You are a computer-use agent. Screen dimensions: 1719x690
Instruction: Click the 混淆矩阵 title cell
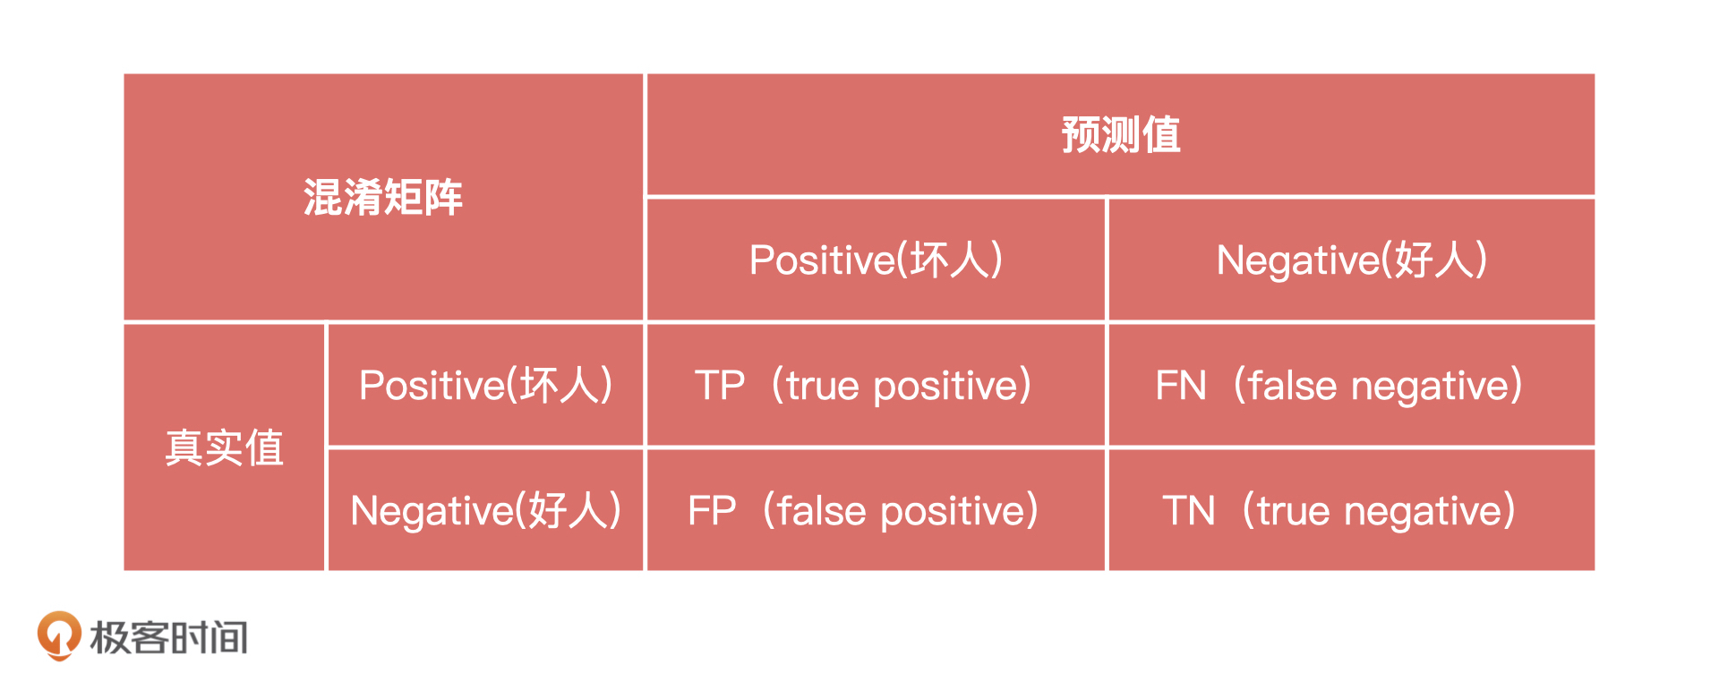[x=383, y=198]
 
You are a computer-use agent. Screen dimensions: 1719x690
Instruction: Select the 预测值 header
[x=1121, y=135]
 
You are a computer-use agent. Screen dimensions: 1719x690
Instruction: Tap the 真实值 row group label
[x=225, y=447]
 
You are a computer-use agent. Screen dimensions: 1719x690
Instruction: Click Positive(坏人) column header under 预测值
[x=876, y=260]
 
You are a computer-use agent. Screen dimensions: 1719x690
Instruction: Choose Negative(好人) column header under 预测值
[x=1352, y=260]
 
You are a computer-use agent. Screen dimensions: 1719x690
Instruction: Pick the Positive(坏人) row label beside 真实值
[x=485, y=386]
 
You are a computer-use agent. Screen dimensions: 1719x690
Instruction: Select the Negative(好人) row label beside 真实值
[x=485, y=511]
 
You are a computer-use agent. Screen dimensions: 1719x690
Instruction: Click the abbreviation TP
[x=720, y=386]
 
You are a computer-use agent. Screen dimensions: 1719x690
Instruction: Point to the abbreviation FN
[x=1181, y=386]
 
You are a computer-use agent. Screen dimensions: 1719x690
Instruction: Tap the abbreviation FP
[x=712, y=511]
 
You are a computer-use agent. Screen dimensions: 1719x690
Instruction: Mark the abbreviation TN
[x=1189, y=511]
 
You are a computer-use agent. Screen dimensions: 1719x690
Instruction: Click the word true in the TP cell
[x=823, y=386]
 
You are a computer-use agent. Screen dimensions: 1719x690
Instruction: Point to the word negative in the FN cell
[x=1430, y=388]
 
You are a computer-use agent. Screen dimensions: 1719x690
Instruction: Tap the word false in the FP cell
[x=822, y=511]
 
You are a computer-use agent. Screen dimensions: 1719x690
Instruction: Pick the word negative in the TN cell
[x=1423, y=513]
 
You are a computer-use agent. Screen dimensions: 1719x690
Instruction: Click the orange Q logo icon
[x=59, y=636]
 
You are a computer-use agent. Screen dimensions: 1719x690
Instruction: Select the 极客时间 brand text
[x=168, y=638]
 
